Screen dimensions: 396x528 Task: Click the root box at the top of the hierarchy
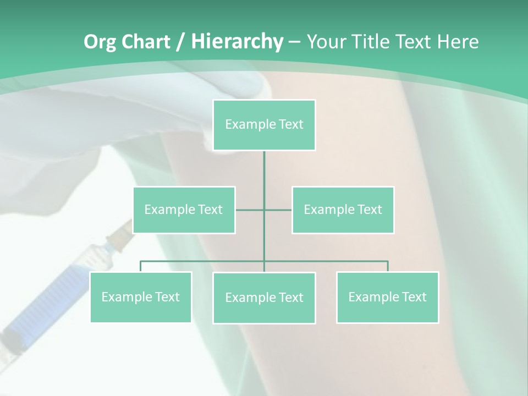point(264,125)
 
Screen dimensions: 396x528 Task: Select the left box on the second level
point(184,210)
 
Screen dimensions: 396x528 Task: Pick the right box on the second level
point(343,210)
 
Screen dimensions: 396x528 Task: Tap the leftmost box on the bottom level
point(140,297)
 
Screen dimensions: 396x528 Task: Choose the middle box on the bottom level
point(264,298)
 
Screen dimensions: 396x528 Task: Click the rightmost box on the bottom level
point(387,297)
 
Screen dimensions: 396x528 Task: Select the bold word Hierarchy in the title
point(237,42)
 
